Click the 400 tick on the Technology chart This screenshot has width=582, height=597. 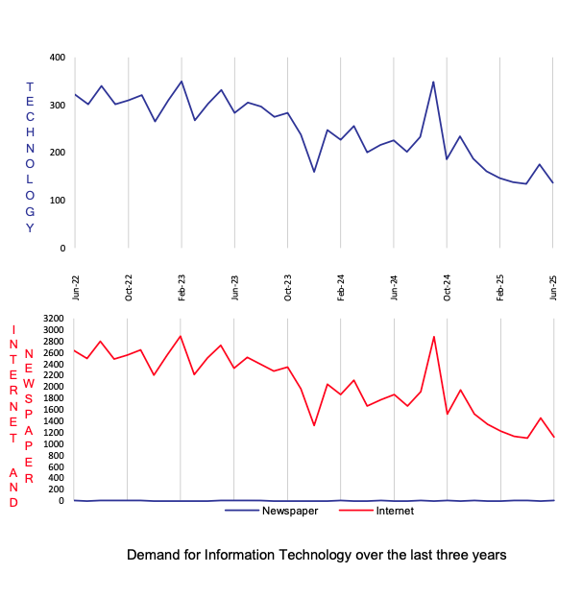coord(57,58)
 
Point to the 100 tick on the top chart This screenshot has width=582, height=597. coord(57,200)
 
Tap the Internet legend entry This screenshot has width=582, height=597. coord(395,511)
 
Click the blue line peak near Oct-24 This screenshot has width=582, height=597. coord(433,82)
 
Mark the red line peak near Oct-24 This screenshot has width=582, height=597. coord(434,336)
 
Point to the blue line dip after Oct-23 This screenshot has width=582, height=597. coord(314,172)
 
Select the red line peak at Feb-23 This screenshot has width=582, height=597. coord(181,336)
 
